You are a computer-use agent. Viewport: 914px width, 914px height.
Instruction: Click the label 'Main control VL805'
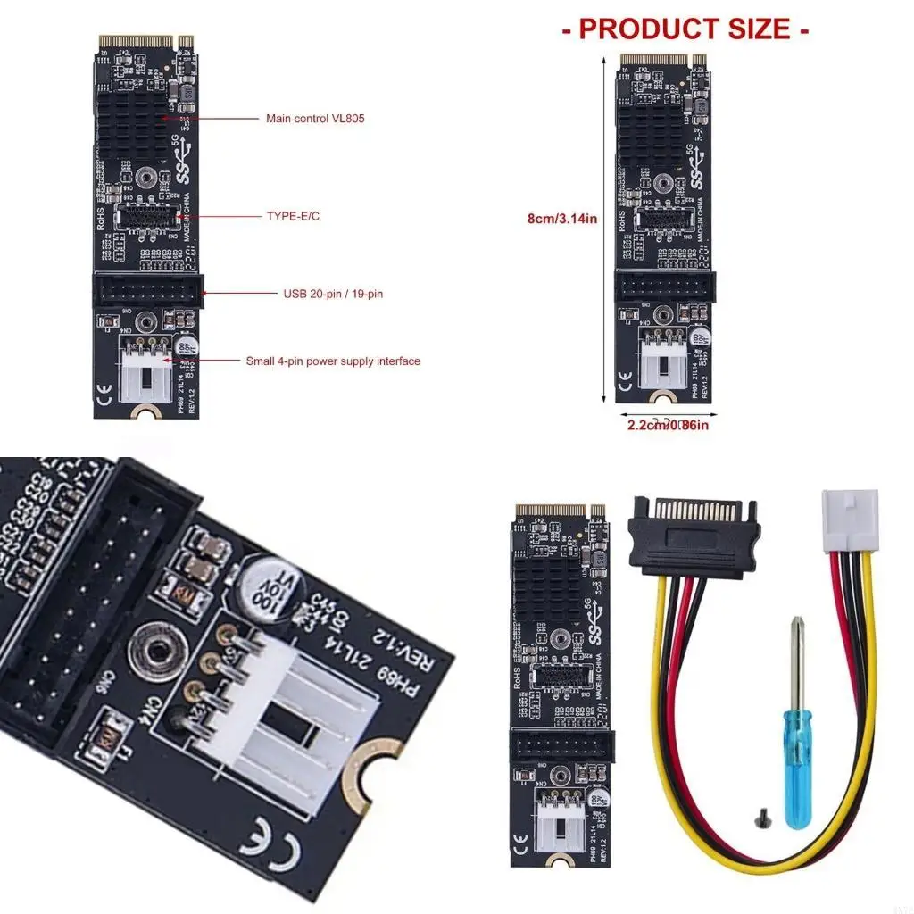click(x=314, y=119)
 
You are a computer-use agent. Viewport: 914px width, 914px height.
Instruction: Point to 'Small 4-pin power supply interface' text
click(x=333, y=361)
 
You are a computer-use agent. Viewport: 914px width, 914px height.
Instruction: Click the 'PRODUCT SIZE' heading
click(x=685, y=29)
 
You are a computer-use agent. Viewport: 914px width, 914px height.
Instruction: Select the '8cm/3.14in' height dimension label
click(x=562, y=218)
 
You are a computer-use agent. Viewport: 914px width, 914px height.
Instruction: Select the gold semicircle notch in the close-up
click(x=369, y=769)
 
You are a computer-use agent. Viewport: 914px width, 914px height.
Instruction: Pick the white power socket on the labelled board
click(x=147, y=370)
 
